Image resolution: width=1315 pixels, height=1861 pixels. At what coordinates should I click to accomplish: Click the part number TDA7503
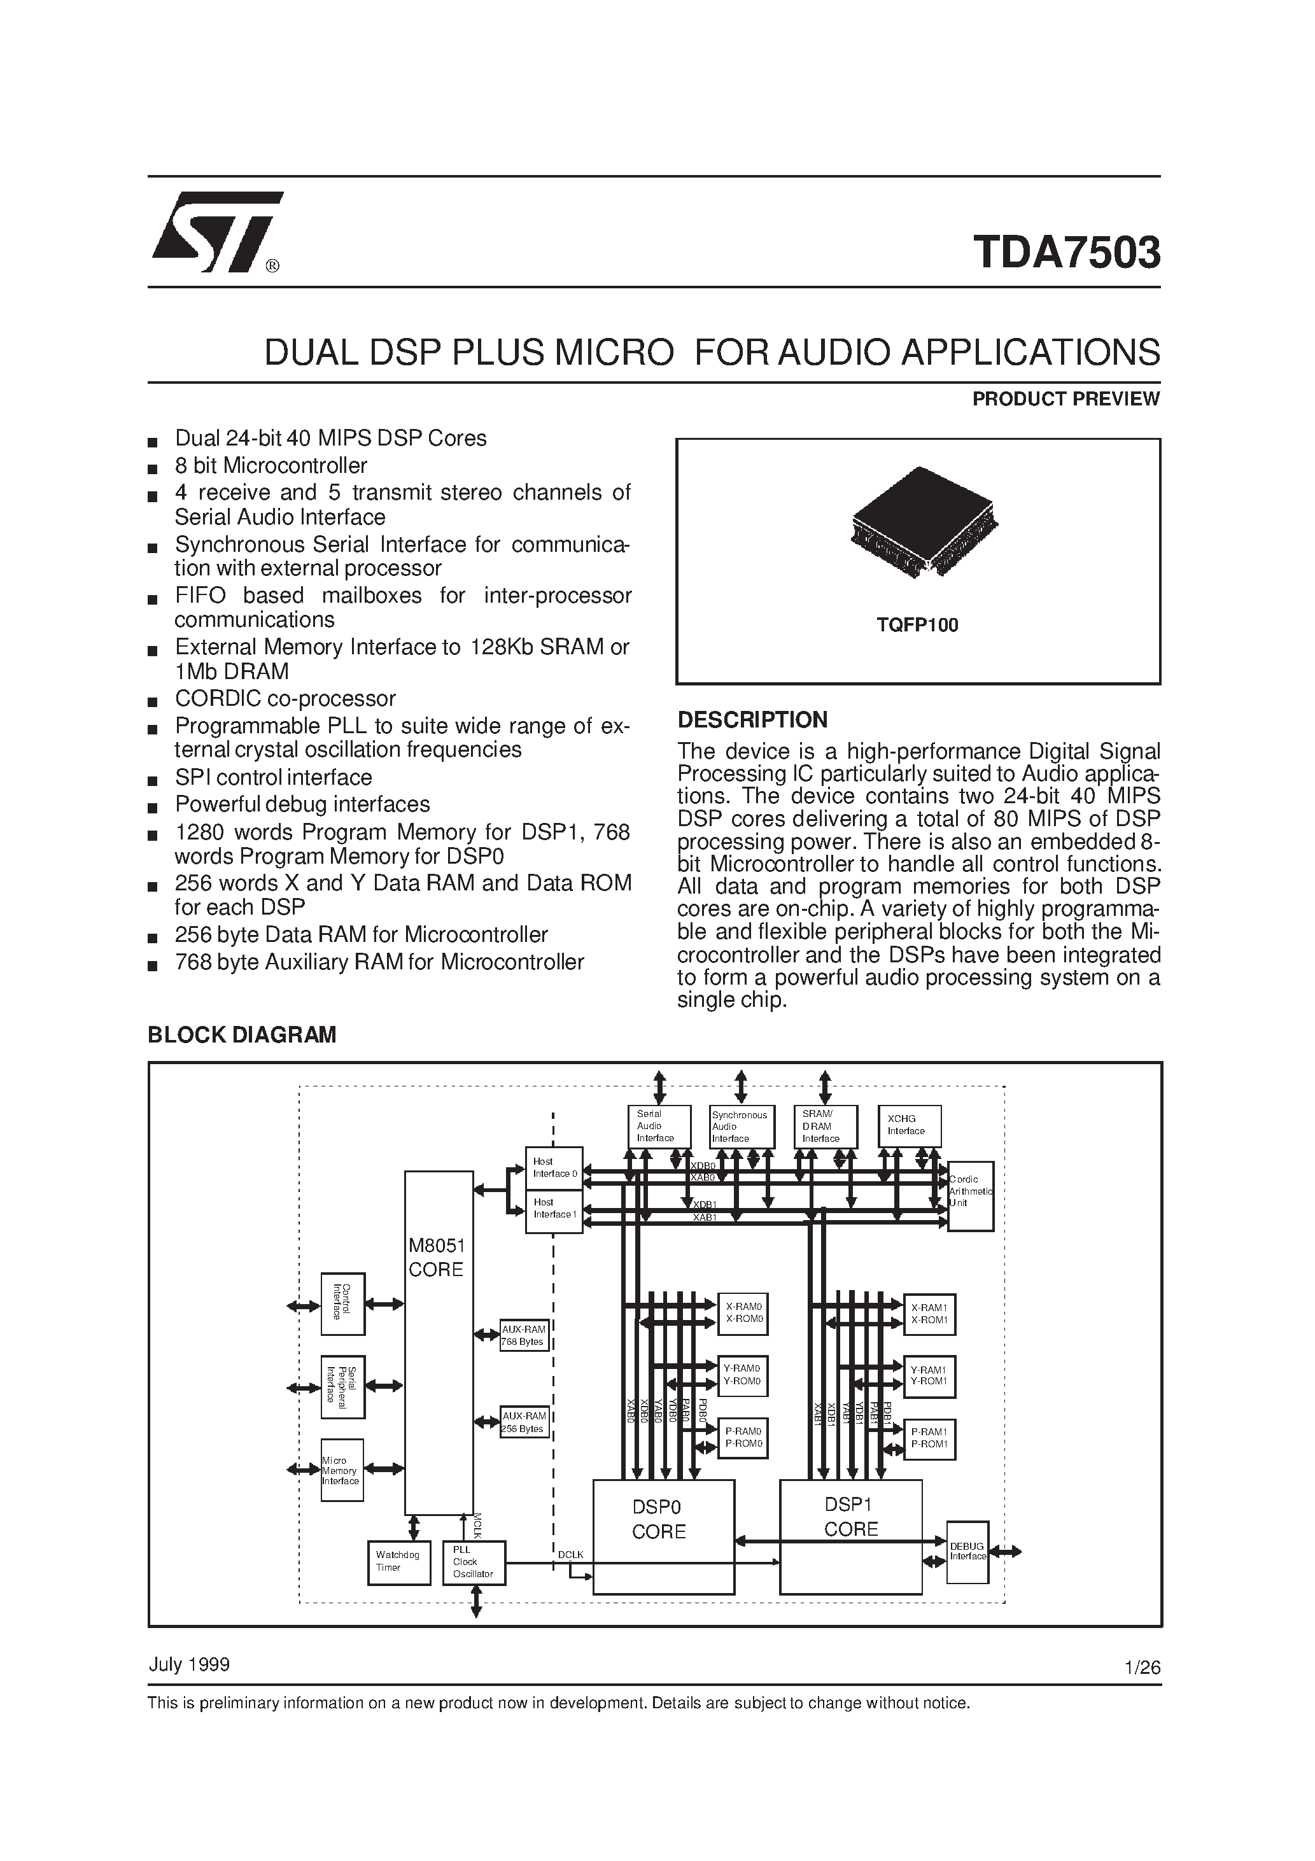click(1066, 252)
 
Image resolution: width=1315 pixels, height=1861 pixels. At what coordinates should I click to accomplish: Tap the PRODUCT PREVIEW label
click(1065, 399)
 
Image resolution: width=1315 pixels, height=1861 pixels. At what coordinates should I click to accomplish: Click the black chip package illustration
click(924, 521)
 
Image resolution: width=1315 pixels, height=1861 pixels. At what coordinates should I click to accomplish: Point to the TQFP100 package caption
click(917, 625)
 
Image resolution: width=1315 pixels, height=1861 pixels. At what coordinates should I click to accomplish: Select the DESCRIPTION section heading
click(752, 720)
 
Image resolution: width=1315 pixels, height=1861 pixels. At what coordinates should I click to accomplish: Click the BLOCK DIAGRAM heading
click(242, 1035)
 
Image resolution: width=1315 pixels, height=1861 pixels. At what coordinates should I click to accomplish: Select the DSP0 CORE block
click(663, 1535)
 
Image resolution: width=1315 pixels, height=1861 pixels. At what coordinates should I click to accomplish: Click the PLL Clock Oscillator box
click(474, 1561)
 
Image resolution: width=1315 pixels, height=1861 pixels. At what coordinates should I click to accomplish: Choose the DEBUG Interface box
click(967, 1552)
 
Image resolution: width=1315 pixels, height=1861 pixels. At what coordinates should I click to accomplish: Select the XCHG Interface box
click(910, 1125)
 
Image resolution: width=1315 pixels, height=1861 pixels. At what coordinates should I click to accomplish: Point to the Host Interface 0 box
click(554, 1168)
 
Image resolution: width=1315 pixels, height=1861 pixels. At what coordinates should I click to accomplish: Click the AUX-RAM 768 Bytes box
click(524, 1335)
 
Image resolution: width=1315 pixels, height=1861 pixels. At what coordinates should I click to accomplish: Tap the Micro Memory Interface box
click(341, 1470)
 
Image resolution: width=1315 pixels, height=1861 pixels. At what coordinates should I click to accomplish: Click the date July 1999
click(189, 1665)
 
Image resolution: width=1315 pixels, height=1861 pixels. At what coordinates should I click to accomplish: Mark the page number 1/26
click(1143, 1668)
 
